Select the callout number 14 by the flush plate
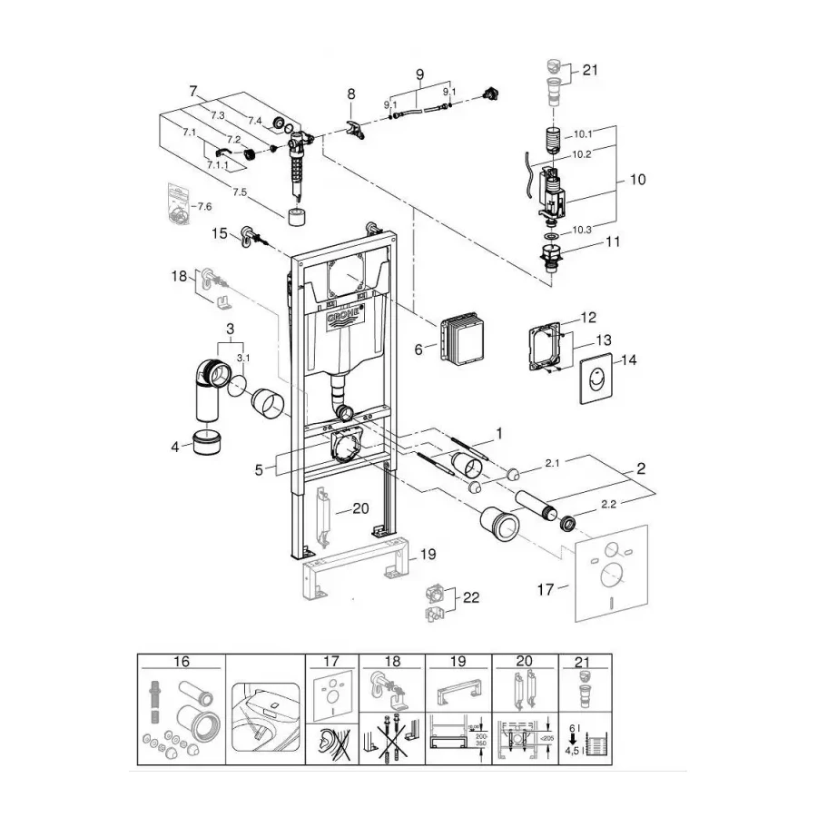pyautogui.click(x=628, y=359)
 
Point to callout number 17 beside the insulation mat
pyautogui.click(x=546, y=590)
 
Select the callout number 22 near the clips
pyautogui.click(x=472, y=597)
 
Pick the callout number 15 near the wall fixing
pyautogui.click(x=220, y=233)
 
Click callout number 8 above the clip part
pyautogui.click(x=350, y=94)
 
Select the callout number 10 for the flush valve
pyautogui.click(x=637, y=180)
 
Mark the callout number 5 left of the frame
pyautogui.click(x=259, y=469)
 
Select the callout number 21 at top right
pyautogui.click(x=591, y=69)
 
